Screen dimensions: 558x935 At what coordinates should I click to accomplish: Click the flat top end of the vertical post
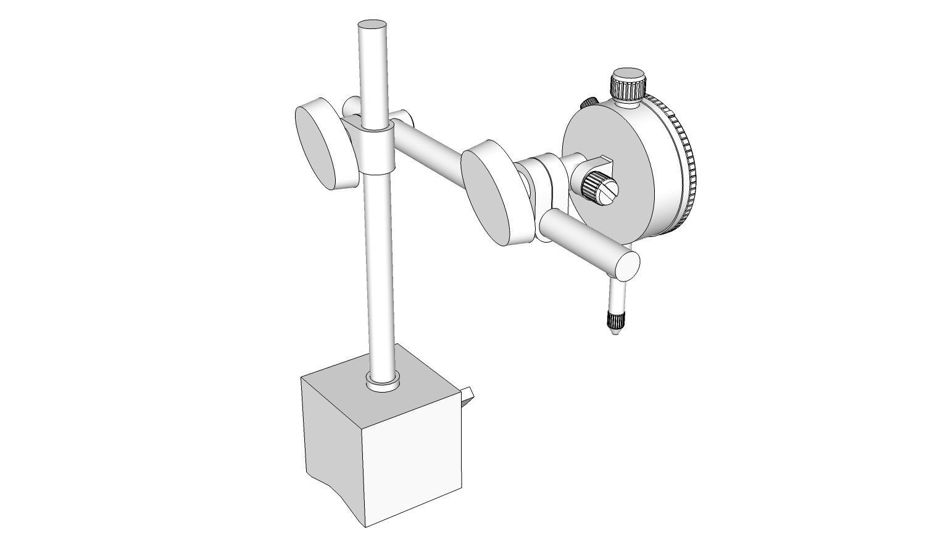[372, 25]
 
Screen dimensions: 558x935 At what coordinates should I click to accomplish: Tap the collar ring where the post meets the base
[383, 385]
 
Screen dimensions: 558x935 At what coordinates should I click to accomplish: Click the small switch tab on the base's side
[468, 395]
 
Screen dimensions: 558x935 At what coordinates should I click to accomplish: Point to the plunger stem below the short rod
[617, 296]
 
